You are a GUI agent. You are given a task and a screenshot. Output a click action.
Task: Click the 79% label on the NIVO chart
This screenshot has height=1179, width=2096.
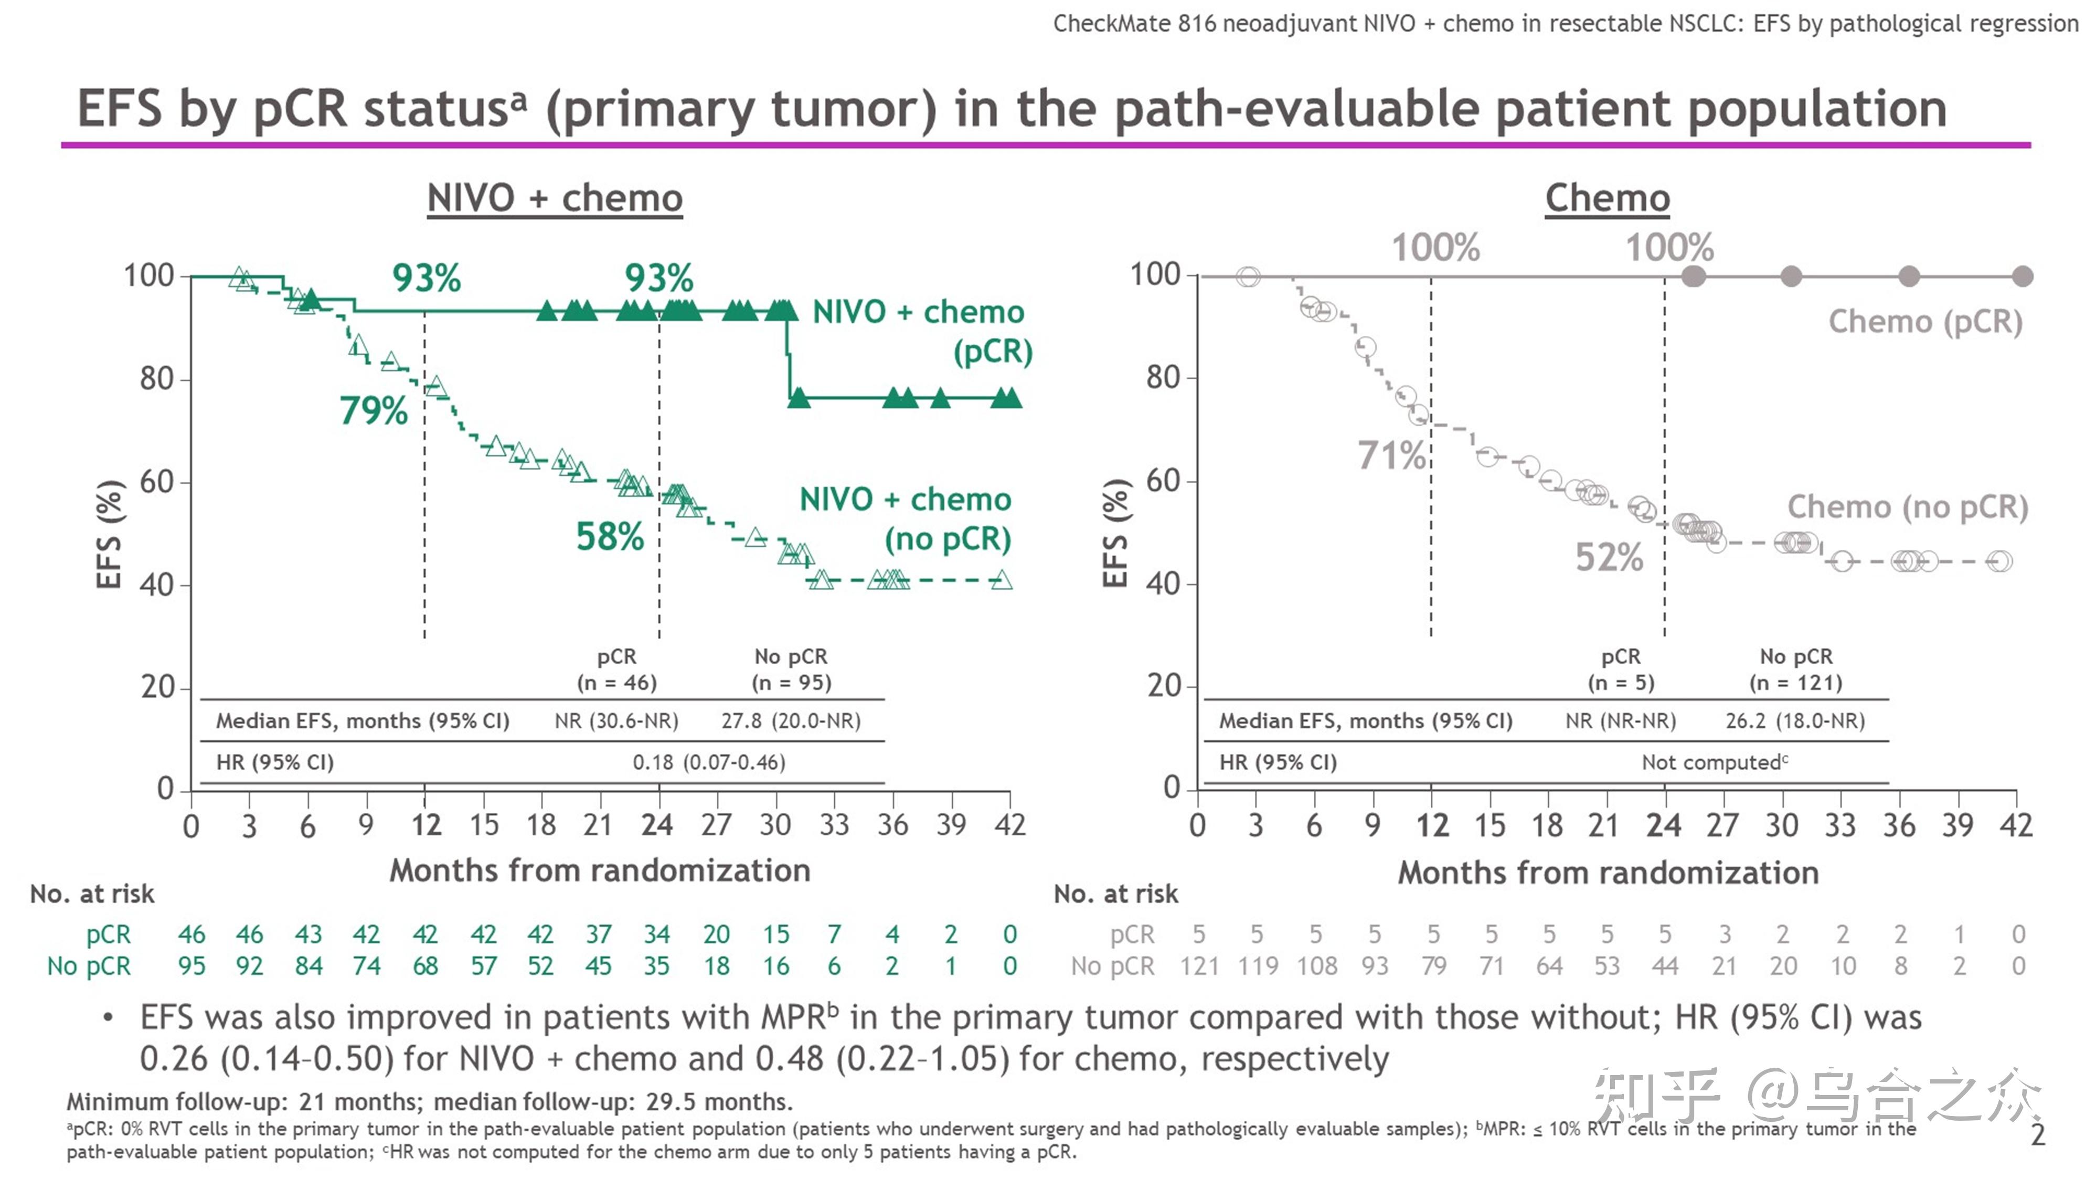374,410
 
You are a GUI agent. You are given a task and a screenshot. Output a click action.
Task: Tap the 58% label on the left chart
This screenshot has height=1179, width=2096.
610,536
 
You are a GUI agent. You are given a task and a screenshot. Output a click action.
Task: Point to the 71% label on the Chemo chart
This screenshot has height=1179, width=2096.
1391,455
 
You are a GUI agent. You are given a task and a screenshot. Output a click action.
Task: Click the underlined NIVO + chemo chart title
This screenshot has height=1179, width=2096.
555,198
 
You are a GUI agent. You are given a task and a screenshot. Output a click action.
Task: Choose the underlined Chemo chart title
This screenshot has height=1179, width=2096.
1607,198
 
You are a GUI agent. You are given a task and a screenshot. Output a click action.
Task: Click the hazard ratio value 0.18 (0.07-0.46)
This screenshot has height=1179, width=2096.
709,762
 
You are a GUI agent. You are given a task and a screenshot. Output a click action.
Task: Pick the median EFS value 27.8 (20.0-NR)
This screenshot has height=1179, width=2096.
790,721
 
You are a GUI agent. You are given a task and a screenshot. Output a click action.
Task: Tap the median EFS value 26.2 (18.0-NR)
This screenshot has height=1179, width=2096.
1795,721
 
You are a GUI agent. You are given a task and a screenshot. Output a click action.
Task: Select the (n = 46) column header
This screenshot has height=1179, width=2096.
617,683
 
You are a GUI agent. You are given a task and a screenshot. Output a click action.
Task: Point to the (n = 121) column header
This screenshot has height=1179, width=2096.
1796,683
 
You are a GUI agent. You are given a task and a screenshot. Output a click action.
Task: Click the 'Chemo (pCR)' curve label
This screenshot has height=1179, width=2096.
1925,322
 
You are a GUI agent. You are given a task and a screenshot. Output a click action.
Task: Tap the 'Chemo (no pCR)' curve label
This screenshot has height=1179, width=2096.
1907,507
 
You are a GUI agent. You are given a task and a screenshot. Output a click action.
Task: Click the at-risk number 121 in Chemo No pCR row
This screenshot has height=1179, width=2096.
1199,966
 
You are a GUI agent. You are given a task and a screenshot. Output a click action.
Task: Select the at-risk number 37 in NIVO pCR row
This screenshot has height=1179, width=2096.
598,934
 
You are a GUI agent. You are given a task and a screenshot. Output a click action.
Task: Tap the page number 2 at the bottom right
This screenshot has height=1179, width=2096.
2037,1135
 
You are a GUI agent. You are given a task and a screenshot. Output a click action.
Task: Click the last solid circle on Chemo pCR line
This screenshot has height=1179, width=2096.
2022,277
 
